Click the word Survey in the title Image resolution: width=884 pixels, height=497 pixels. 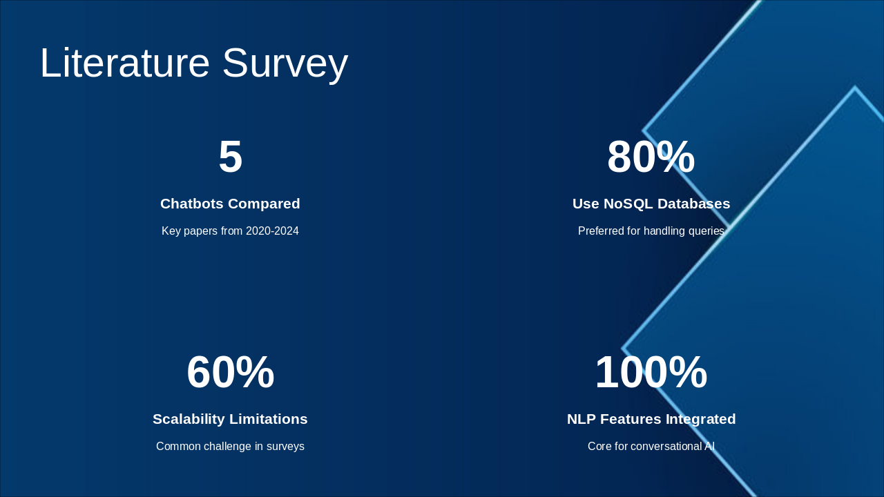pyautogui.click(x=285, y=63)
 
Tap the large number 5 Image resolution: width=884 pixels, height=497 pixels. pyautogui.click(x=230, y=157)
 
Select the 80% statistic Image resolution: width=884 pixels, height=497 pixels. pyautogui.click(x=651, y=157)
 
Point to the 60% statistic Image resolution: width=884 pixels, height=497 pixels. pyautogui.click(x=230, y=372)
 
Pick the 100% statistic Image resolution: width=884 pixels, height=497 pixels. pyautogui.click(x=651, y=372)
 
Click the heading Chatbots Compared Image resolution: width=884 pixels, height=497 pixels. pyautogui.click(x=230, y=204)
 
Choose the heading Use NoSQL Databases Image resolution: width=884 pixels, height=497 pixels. pyautogui.click(x=651, y=204)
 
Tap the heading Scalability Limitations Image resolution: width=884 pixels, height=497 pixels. pyautogui.click(x=230, y=419)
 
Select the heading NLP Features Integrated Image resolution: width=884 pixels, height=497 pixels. pyautogui.click(x=651, y=419)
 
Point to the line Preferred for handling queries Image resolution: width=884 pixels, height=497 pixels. pyautogui.click(x=651, y=231)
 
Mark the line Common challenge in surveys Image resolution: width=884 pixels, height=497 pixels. pyautogui.click(x=230, y=447)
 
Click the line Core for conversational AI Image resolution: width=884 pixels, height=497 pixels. pyautogui.click(x=651, y=447)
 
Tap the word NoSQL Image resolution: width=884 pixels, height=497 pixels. pyautogui.click(x=627, y=204)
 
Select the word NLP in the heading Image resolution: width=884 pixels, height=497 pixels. pyautogui.click(x=582, y=419)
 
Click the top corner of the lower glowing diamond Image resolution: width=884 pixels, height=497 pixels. pyautogui.click(x=855, y=88)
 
